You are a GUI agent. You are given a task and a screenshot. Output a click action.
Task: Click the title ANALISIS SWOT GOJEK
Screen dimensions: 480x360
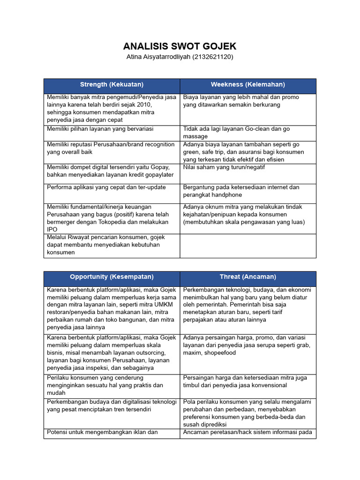click(x=180, y=46)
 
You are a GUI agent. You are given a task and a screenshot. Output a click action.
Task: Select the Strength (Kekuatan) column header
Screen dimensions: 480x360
click(x=112, y=84)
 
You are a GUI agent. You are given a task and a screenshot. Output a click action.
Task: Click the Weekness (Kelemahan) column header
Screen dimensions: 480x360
click(x=247, y=84)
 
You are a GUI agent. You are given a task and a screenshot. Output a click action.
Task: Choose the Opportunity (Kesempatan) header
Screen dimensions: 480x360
click(x=112, y=277)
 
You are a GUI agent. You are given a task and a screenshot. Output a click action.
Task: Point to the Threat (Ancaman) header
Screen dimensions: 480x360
click(x=247, y=277)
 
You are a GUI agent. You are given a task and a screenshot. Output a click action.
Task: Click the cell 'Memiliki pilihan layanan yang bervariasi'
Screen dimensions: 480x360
click(x=100, y=128)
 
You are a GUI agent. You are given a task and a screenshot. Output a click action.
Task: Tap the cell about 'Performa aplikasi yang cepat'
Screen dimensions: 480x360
click(x=106, y=187)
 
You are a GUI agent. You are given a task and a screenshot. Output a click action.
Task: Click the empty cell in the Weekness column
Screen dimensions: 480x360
click(x=247, y=246)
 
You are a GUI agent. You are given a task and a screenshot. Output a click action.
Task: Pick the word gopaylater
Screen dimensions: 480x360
click(x=157, y=175)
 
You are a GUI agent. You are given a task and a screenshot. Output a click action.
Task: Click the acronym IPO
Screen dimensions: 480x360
click(x=52, y=229)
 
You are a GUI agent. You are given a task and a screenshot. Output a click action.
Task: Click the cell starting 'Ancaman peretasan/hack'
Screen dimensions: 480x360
click(x=247, y=432)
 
